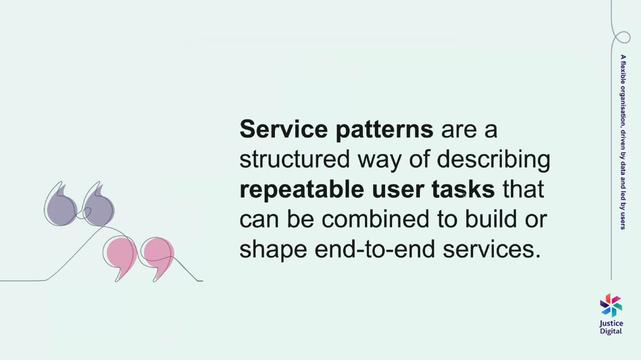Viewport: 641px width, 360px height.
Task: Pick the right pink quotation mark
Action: point(153,257)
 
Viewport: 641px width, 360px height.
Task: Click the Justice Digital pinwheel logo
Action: point(610,304)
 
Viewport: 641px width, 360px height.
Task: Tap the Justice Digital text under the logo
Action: point(610,327)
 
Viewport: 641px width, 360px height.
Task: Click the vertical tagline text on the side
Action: point(623,139)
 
